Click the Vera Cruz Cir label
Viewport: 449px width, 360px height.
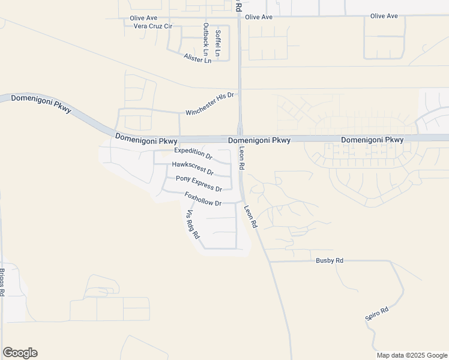[x=152, y=26]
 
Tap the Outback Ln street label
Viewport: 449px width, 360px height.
[x=205, y=36]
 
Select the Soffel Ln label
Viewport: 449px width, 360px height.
[x=218, y=43]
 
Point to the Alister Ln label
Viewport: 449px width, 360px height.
[x=197, y=59]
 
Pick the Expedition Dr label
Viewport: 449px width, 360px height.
[x=193, y=153]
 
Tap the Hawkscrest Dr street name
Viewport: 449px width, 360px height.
[x=193, y=167]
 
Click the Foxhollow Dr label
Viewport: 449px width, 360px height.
[x=203, y=199]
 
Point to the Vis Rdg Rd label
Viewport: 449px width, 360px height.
[x=192, y=224]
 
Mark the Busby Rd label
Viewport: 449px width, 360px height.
[x=330, y=261]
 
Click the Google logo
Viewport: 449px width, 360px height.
[x=20, y=353]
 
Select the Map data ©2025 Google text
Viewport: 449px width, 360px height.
[x=412, y=355]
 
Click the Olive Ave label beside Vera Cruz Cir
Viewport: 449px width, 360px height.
[x=143, y=18]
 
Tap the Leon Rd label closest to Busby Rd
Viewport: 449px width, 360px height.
[x=250, y=217]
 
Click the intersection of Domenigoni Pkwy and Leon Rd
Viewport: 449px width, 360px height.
[x=239, y=139]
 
